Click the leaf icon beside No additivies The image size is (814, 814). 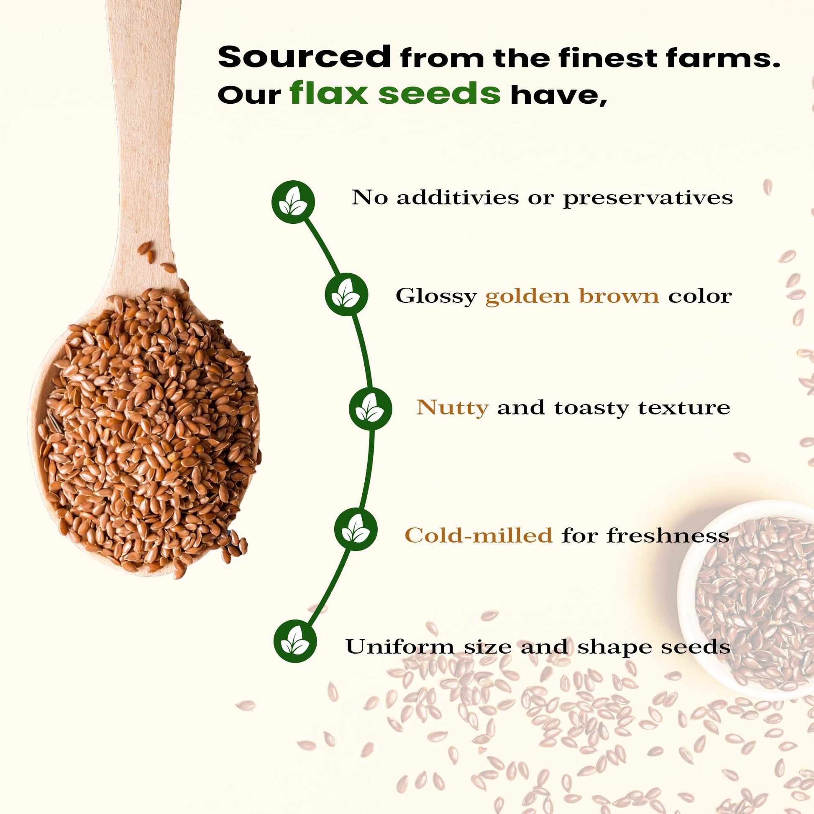coord(293,202)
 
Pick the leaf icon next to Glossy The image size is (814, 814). coord(346,294)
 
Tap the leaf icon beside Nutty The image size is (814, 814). coord(370,409)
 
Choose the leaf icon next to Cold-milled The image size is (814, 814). coord(356,530)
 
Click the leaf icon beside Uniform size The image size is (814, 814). coord(295,641)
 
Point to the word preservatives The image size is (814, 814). coord(648,198)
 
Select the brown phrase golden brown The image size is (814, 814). coord(572,296)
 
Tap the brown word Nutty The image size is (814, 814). coord(452,408)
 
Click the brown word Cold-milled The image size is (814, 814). coord(478,535)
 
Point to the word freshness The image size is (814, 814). coord(668,535)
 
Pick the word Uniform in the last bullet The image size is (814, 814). coord(400,646)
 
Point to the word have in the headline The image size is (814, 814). coord(559,95)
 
